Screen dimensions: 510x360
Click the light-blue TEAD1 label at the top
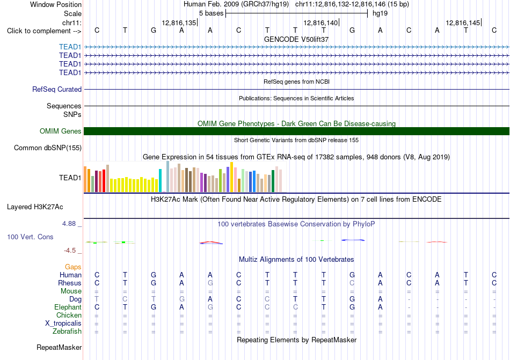pos(70,47)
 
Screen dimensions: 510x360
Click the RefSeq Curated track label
pos(57,90)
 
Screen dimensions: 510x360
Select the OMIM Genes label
pos(61,131)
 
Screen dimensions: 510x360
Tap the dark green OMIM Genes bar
pos(296,131)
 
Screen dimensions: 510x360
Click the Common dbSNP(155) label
pos(48,148)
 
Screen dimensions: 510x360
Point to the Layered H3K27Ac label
pos(35,207)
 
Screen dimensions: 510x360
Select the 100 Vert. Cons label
pos(30,237)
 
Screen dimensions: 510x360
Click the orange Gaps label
pos(73,267)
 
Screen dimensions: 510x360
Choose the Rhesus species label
pos(70,283)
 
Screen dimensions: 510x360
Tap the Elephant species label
pos(68,307)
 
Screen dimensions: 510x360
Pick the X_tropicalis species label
pos(63,324)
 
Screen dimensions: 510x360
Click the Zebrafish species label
pos(67,332)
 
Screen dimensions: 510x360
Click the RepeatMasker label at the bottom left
pos(59,348)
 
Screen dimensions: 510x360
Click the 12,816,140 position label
pos(320,23)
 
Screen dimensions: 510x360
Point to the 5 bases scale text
pos(212,13)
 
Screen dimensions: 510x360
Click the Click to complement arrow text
pos(44,31)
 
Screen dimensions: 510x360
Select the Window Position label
pos(56,4)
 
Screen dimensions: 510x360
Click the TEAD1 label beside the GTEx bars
pos(70,178)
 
